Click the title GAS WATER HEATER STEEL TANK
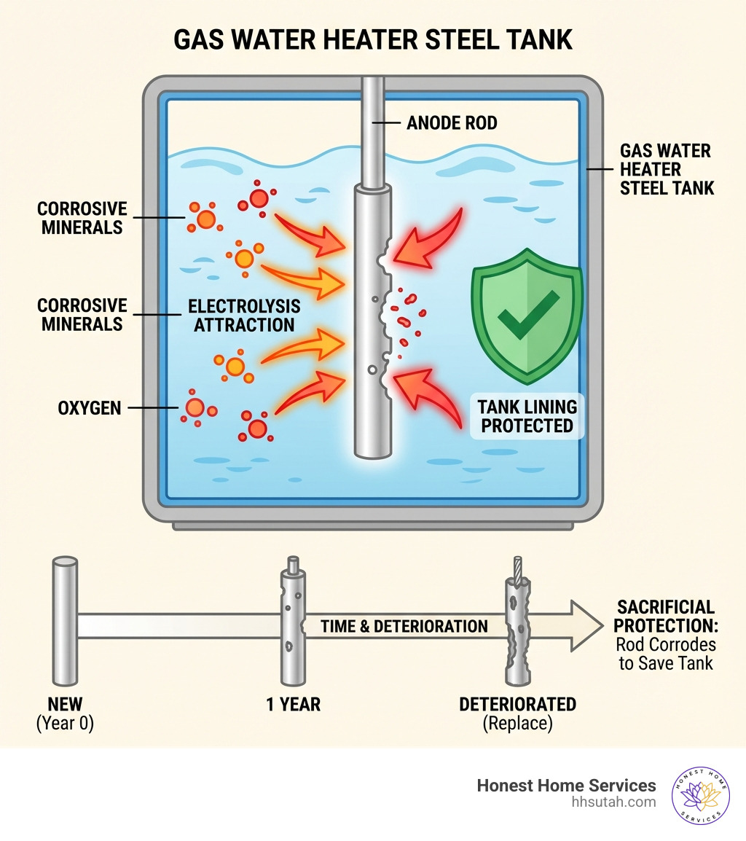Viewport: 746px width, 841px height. tap(373, 39)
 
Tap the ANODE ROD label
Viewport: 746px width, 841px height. tap(452, 123)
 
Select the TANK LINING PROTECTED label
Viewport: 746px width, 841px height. tap(528, 416)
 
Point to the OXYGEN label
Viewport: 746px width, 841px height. tap(89, 408)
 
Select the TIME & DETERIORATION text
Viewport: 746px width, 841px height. tap(404, 626)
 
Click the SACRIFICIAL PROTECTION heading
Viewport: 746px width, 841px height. tap(666, 616)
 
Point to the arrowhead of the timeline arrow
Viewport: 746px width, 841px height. tap(586, 626)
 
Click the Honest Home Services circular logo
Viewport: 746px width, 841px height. tap(700, 794)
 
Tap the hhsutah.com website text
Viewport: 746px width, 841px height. tap(614, 802)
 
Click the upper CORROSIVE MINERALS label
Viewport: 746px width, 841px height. tap(82, 218)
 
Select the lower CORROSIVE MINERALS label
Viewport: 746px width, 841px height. tap(82, 314)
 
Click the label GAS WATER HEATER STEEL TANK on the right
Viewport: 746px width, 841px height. tap(666, 169)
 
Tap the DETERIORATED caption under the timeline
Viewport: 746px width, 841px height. tap(517, 705)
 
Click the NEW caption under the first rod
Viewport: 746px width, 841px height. tap(65, 705)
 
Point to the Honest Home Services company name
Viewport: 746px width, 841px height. tap(566, 786)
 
